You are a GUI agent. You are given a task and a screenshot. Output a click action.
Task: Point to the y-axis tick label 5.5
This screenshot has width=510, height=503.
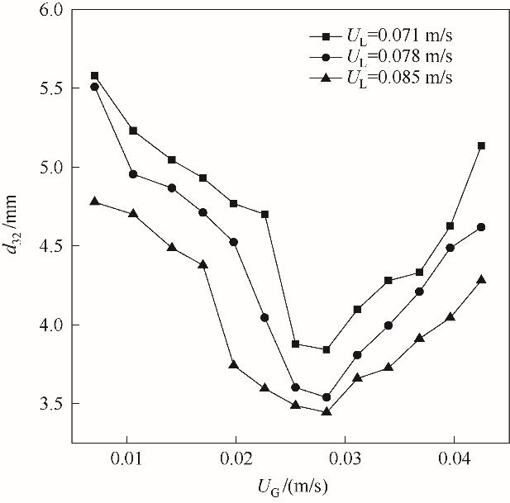[51, 88]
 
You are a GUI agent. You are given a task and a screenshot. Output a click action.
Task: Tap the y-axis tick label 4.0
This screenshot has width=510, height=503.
[51, 325]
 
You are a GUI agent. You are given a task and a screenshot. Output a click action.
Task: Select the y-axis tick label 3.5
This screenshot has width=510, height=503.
[51, 404]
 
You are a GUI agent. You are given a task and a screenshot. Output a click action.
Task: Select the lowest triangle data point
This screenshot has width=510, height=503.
[326, 410]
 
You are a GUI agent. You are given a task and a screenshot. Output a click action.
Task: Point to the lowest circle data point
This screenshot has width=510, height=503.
[326, 397]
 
